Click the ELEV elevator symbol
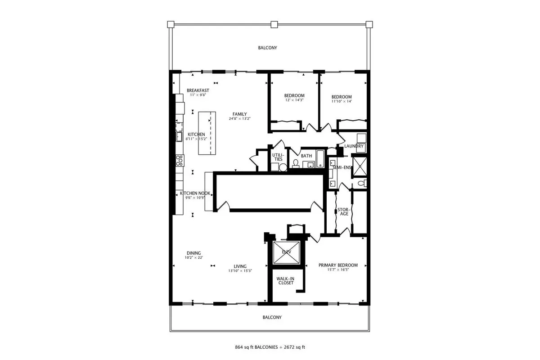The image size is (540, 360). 286,253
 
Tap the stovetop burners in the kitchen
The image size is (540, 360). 180,161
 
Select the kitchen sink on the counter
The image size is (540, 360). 179,137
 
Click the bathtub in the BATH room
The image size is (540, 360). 320,158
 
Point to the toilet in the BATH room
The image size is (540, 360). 296,164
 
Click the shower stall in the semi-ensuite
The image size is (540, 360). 360,166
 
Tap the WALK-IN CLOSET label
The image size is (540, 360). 286,281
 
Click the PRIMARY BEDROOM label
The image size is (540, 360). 338,265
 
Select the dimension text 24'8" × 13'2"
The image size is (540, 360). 239,119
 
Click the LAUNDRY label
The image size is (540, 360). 354,146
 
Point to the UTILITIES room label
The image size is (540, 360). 278,157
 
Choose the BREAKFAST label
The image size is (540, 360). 198,90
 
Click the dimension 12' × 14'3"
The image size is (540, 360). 294,100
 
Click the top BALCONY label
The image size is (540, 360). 267,48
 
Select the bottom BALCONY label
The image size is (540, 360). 272,317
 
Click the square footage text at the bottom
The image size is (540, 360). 270,347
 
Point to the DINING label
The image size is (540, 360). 193,253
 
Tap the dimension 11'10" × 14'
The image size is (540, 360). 342,101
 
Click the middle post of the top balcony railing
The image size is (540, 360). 274,24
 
